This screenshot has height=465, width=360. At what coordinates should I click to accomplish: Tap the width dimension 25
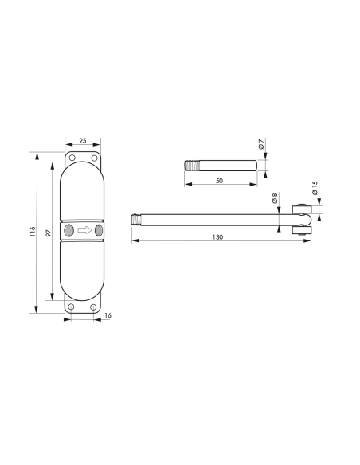click(x=83, y=140)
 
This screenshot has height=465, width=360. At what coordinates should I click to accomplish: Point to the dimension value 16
click(x=107, y=316)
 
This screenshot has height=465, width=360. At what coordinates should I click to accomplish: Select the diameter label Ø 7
click(x=261, y=145)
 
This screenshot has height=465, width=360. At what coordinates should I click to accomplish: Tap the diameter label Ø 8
click(x=275, y=198)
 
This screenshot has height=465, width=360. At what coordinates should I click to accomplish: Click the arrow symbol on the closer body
click(x=83, y=231)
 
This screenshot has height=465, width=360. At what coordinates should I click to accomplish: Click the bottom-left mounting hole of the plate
click(x=71, y=307)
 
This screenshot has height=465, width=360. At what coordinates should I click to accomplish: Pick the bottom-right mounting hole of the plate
click(x=95, y=307)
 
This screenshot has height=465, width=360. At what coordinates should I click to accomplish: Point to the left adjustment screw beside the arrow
click(x=68, y=231)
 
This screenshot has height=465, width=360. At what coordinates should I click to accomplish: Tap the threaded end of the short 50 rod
click(x=191, y=166)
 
